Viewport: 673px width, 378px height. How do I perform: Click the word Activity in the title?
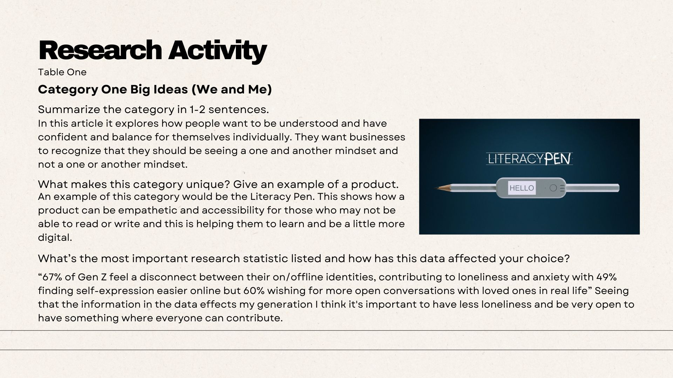coord(217,51)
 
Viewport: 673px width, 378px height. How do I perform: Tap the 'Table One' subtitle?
coord(62,72)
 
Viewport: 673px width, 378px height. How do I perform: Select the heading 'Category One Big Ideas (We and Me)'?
coord(155,90)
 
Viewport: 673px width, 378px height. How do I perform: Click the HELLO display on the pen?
coord(522,188)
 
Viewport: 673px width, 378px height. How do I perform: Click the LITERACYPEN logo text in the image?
coord(529,159)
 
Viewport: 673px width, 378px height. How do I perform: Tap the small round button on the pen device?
coord(553,188)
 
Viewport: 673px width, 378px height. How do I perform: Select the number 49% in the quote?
coord(606,277)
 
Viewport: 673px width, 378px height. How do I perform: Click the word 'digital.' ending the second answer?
coord(55,238)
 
